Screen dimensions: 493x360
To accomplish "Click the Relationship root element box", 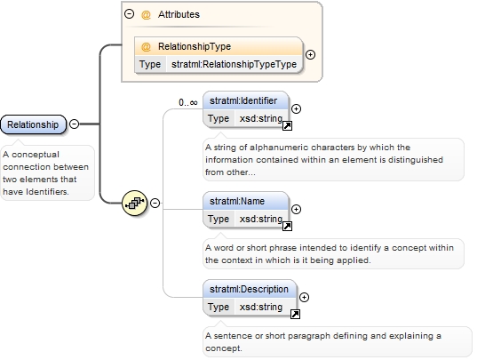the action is (x=34, y=124).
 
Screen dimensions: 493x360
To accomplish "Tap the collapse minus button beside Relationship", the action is (x=75, y=124).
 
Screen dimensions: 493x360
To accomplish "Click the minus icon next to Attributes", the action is (x=129, y=14).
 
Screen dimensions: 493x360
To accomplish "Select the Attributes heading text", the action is (x=179, y=14).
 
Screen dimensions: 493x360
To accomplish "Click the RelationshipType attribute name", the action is (x=195, y=46).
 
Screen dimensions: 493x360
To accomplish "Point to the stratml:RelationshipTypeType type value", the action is (x=234, y=64).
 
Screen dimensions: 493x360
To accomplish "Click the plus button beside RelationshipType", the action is (x=310, y=55).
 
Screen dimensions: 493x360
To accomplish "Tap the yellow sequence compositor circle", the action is (x=134, y=203).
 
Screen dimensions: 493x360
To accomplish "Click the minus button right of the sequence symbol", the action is (x=155, y=203).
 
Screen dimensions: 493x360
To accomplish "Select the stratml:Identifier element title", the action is (x=243, y=100).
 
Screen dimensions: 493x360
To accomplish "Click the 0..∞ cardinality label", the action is (x=188, y=102).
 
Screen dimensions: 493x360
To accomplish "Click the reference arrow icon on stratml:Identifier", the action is (x=288, y=126).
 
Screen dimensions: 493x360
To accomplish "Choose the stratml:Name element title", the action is (x=237, y=201).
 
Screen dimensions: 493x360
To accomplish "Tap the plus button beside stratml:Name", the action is (x=296, y=209).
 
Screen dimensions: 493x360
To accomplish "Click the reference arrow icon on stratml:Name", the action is (x=288, y=227).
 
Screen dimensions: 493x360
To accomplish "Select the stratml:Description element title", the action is (x=249, y=289).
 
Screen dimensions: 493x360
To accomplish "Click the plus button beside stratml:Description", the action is (x=304, y=298).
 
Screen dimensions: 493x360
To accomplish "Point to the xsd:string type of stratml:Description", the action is (x=261, y=307).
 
